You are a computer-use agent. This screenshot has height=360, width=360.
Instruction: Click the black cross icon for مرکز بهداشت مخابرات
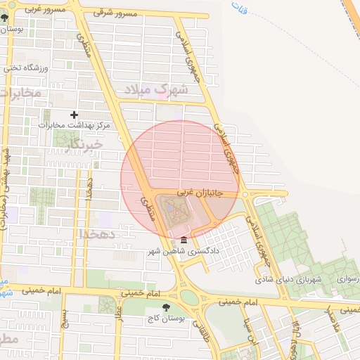[x=75, y=114]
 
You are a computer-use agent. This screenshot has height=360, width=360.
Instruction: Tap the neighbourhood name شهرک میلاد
[x=156, y=91]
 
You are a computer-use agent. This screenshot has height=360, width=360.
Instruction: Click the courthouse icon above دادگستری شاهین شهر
[x=184, y=240]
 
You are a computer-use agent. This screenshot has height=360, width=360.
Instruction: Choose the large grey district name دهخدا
[x=96, y=233]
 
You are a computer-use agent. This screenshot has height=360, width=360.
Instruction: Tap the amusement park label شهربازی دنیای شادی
[x=288, y=280]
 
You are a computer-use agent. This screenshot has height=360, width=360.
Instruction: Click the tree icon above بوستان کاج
[x=166, y=307]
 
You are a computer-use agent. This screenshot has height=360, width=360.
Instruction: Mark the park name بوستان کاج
[x=167, y=318]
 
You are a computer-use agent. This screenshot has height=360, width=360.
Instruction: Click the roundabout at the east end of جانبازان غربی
[x=243, y=193]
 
